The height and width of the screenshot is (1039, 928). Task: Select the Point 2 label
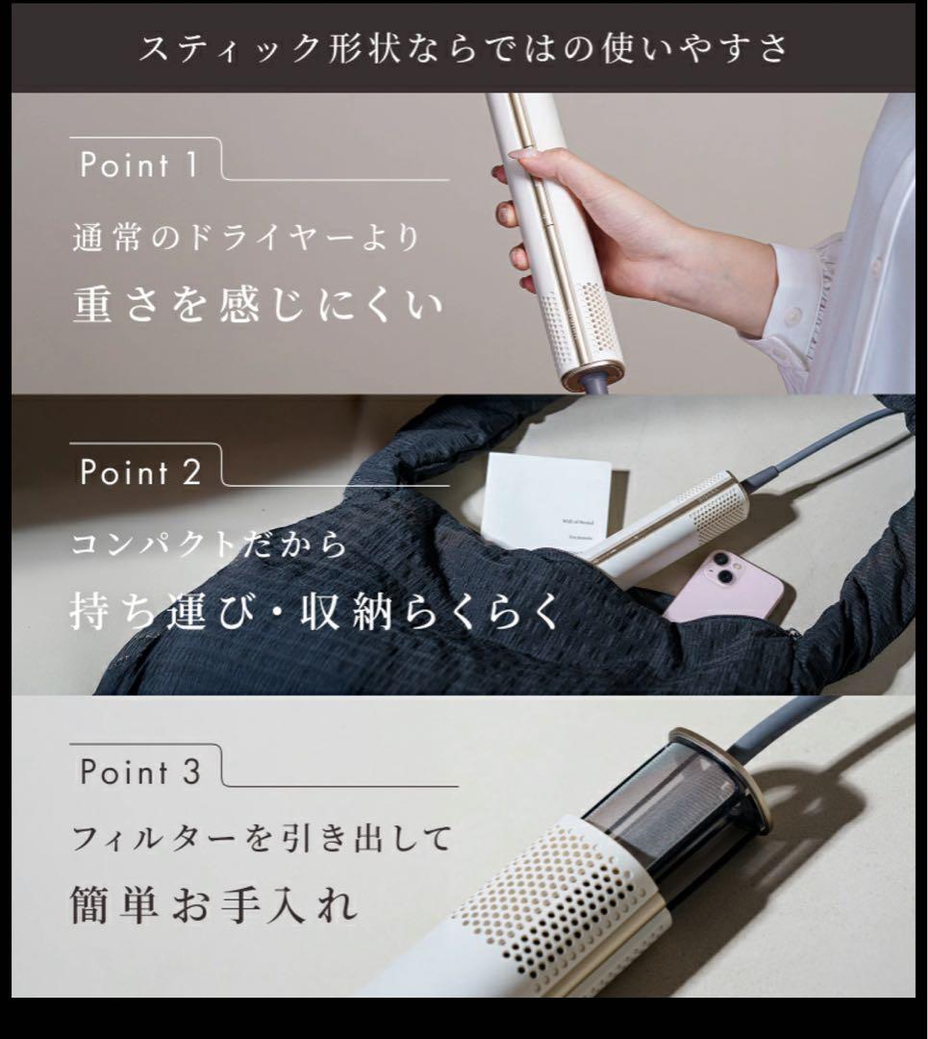coord(140,472)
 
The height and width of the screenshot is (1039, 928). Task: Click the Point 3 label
coord(140,772)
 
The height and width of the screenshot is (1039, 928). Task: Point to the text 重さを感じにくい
coord(258,304)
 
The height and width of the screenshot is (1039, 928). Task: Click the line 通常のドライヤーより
coord(246,237)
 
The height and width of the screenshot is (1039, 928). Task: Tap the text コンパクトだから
coord(210,545)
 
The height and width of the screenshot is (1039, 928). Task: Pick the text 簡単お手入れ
coord(213,905)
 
